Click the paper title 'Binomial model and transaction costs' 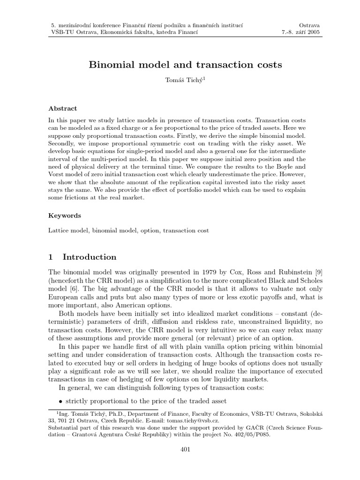(180, 65)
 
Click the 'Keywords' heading (65, 216)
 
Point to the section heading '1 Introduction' (82, 257)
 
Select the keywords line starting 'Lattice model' (129, 231)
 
